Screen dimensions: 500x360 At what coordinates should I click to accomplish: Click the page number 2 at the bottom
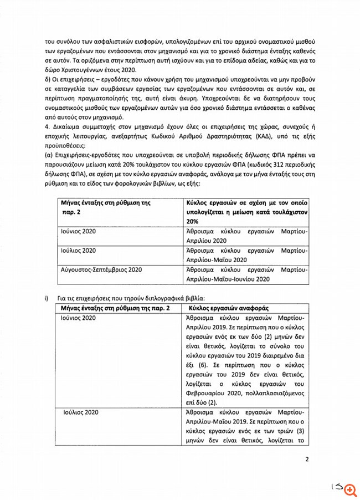306,459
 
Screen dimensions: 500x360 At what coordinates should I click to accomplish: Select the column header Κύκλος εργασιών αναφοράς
228,308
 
